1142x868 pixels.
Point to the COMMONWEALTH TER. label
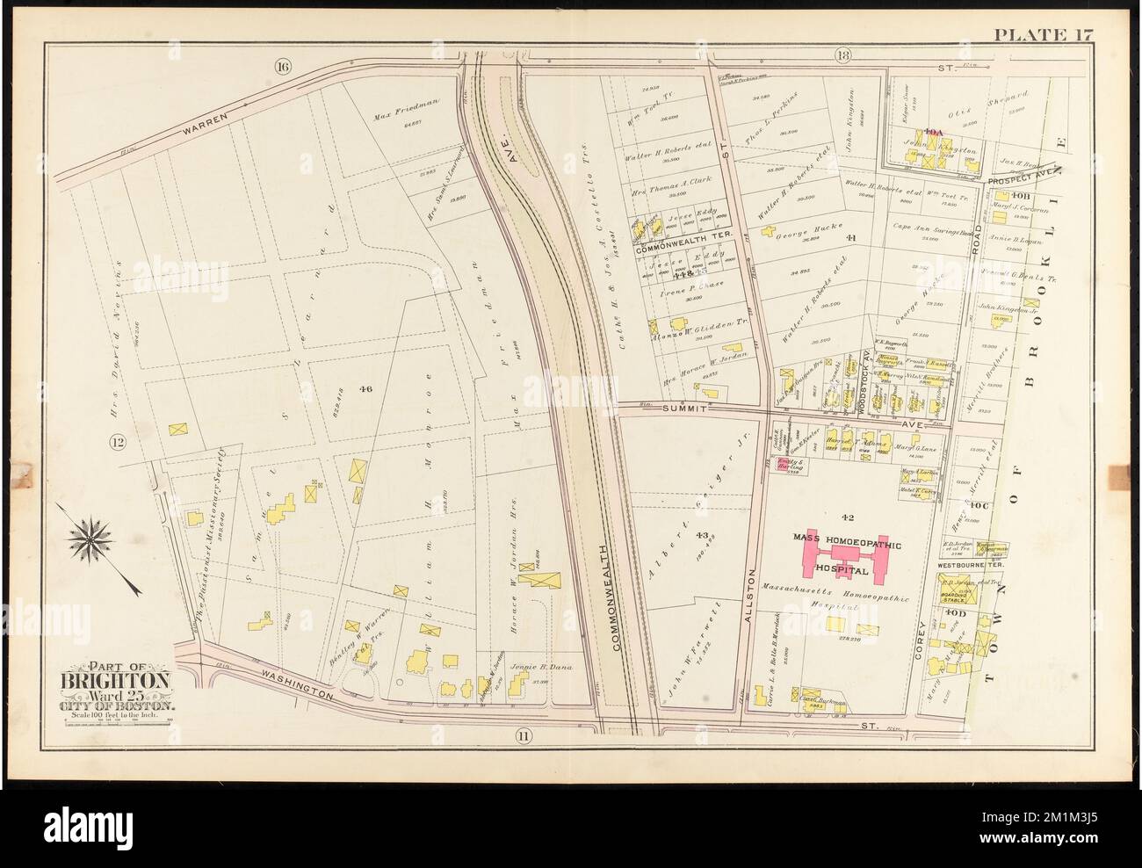(676, 249)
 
